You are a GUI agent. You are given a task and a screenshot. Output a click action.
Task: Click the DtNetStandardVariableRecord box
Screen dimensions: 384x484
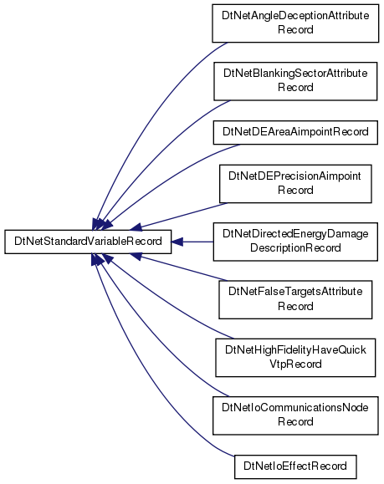(88, 242)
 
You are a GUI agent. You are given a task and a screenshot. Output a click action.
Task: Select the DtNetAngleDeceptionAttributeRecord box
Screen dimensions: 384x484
(295, 23)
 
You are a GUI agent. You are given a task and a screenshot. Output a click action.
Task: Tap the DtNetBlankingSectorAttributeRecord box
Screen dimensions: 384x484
(295, 81)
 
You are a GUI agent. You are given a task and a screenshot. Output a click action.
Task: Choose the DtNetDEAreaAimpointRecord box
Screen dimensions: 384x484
(295, 132)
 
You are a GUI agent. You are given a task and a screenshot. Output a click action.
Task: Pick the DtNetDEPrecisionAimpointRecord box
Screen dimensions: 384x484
(295, 184)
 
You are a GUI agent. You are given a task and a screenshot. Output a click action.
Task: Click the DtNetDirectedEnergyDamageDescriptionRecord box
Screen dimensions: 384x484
(295, 242)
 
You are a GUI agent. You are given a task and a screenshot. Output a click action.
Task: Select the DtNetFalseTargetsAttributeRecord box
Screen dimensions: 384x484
(295, 300)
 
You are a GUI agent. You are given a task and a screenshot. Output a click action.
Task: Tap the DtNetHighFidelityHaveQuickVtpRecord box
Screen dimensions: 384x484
(295, 358)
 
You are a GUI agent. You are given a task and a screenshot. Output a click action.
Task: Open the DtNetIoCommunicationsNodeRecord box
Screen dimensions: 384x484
(295, 415)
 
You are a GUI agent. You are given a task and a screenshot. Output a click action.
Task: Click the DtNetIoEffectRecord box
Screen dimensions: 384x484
(295, 466)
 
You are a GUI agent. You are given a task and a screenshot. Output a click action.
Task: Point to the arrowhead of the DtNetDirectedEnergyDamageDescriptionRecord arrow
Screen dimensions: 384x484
(177, 242)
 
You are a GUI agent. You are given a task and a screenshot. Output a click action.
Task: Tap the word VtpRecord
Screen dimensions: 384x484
(295, 364)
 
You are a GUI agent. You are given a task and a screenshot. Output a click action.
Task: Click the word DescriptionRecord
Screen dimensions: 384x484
(295, 248)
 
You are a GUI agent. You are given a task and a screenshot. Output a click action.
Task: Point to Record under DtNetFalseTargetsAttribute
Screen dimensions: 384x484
(295, 307)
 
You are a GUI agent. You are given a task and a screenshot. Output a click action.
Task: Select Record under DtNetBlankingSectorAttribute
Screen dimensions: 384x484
(295, 88)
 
